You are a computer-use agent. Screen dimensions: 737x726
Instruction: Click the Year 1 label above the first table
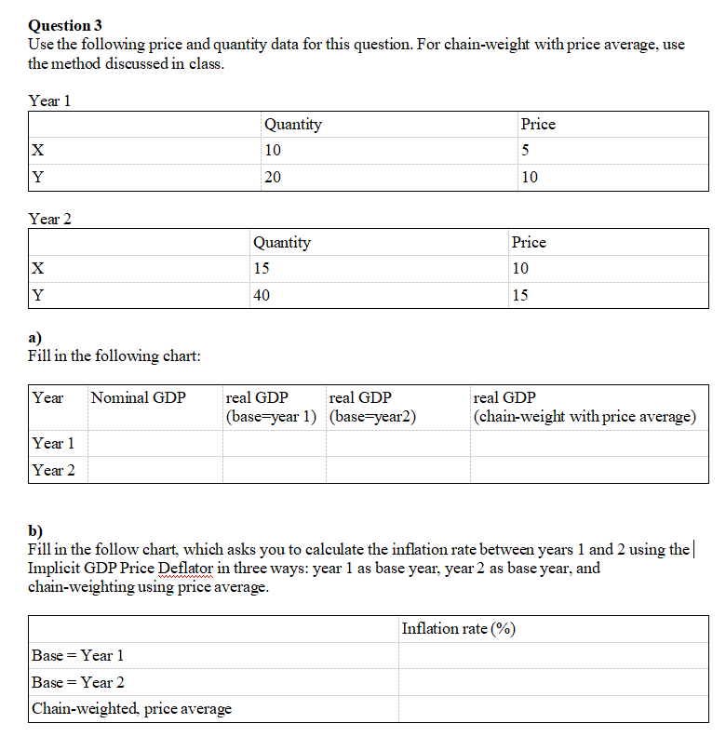[50, 100]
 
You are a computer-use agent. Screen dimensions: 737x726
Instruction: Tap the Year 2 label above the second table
[50, 219]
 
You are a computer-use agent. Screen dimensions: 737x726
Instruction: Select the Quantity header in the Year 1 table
[292, 124]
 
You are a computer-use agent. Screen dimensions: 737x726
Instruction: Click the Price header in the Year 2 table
[529, 242]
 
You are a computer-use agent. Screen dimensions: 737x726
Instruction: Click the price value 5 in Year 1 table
[526, 151]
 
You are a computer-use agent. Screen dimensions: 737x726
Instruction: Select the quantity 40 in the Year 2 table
[263, 296]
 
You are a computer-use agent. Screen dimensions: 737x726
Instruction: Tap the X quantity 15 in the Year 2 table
[263, 269]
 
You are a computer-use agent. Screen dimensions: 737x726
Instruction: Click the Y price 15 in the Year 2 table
[520, 296]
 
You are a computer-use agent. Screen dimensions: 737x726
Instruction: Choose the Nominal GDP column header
[138, 398]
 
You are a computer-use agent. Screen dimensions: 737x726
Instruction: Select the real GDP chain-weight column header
[585, 407]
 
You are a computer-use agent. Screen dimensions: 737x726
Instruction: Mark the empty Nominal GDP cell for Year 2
[155, 470]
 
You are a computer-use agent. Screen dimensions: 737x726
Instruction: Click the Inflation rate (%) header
[458, 628]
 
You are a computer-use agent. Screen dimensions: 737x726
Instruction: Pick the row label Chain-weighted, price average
[131, 709]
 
